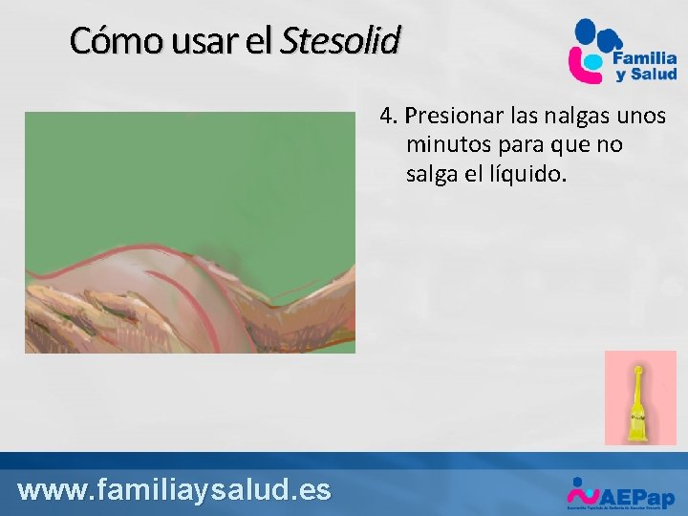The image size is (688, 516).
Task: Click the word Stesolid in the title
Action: [341, 41]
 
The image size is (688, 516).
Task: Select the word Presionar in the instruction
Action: [452, 117]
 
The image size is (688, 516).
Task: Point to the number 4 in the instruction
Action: [386, 117]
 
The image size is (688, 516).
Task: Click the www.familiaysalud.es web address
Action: [174, 490]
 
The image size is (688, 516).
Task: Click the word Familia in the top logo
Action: [645, 58]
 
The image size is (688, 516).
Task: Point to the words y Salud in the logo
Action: [646, 75]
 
